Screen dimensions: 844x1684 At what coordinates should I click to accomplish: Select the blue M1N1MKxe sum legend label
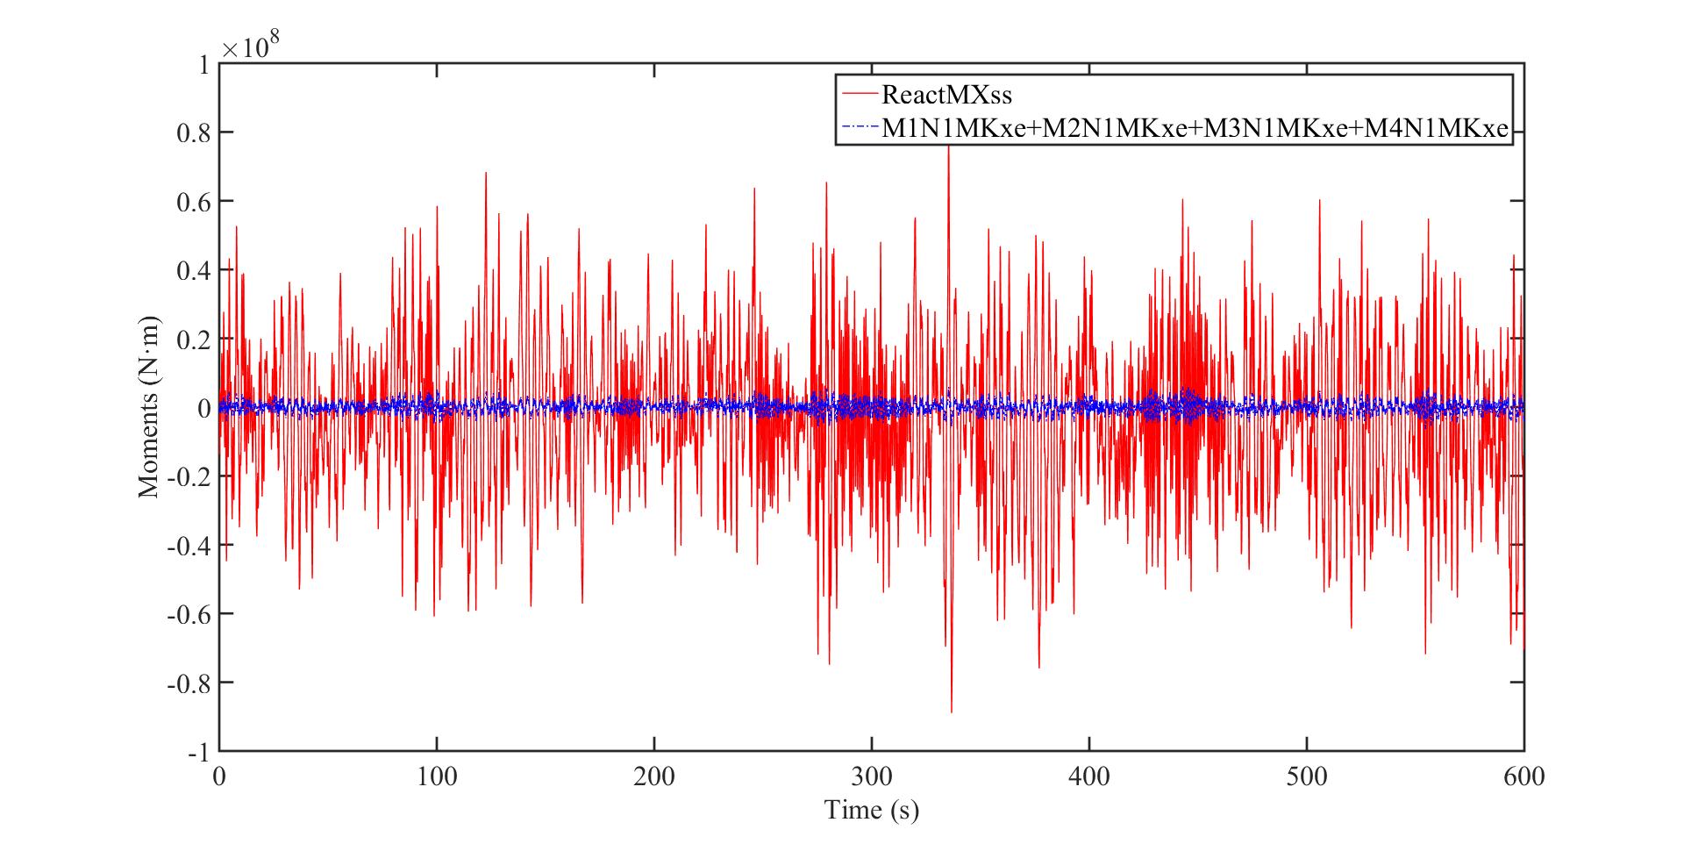coord(1195,129)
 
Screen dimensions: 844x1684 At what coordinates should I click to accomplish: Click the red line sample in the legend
coord(858,93)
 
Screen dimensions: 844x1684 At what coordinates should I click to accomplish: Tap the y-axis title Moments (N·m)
coord(148,407)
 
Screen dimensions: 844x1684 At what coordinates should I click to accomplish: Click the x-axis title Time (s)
coord(871,809)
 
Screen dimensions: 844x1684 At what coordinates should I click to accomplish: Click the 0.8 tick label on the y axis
coord(192,132)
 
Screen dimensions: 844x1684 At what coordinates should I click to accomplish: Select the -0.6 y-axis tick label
coord(189,613)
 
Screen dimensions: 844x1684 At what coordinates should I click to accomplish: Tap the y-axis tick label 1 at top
coord(203,64)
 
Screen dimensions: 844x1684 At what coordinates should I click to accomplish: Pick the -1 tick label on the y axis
coord(199,752)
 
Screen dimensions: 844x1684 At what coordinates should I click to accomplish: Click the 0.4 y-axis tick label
coord(192,270)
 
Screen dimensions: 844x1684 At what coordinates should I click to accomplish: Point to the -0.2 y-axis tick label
coord(189,476)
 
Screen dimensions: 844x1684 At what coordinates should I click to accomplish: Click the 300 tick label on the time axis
coord(871,776)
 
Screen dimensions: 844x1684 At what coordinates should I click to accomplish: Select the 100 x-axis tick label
coord(436,776)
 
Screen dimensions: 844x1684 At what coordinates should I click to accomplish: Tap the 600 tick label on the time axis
coord(1524,776)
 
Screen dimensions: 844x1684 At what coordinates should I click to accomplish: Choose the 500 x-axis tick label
coord(1307,776)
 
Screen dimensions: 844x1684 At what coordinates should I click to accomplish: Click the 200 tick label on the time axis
coord(653,776)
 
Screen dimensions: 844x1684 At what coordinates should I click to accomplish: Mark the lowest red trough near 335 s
coord(951,711)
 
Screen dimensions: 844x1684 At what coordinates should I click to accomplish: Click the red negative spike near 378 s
coord(1039,667)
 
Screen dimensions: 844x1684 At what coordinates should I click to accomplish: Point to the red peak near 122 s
coord(485,174)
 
